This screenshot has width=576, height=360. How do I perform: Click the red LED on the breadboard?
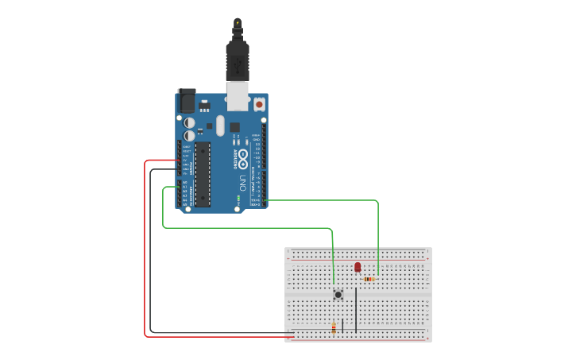click(x=358, y=267)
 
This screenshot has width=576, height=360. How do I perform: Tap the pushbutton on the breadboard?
click(x=338, y=295)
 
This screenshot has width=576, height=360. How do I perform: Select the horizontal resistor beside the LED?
click(x=369, y=279)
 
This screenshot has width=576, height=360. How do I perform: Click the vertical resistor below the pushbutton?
click(x=334, y=327)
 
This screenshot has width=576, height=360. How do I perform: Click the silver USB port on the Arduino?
click(x=238, y=95)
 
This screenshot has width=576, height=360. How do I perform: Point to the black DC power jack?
click(x=187, y=100)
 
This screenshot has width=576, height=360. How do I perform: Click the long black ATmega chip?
click(x=203, y=174)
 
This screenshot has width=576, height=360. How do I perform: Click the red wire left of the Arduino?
click(x=145, y=246)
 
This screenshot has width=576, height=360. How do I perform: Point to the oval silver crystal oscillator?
click(x=220, y=126)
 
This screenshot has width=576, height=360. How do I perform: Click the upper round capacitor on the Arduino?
click(x=189, y=122)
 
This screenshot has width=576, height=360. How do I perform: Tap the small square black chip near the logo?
click(x=234, y=127)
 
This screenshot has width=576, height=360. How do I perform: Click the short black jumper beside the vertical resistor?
click(x=342, y=326)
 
